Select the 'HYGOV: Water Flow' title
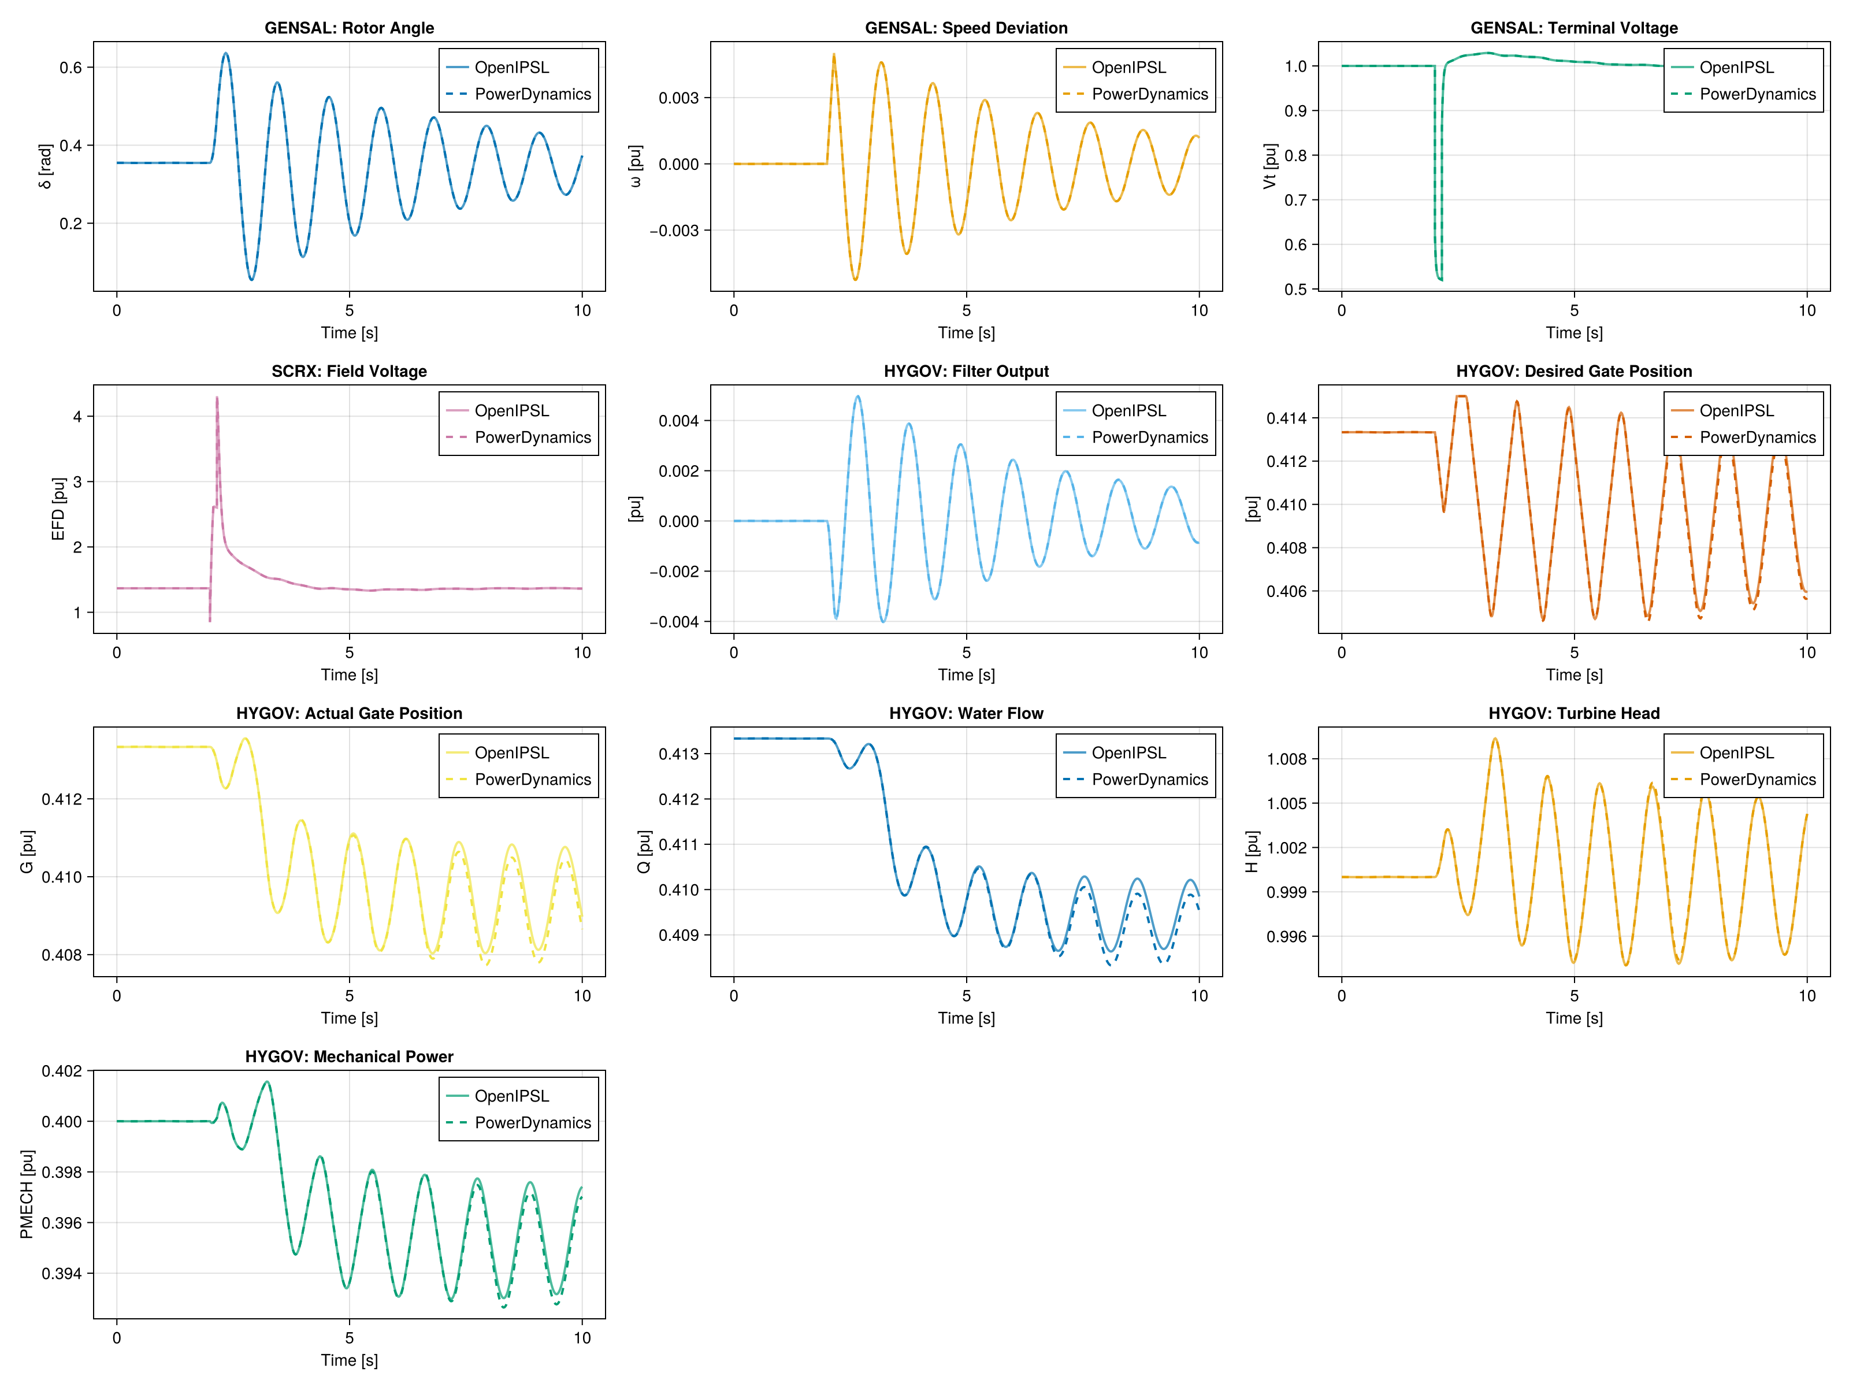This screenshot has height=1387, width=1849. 966,713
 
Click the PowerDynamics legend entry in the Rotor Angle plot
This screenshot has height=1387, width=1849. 533,94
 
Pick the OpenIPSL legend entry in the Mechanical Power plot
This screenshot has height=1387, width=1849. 511,1096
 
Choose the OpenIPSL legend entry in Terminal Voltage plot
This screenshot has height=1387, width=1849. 1736,68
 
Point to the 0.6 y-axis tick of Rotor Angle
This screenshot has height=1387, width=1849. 71,68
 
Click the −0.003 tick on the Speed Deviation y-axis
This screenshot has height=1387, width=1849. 674,231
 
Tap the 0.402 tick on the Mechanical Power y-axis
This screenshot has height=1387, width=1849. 62,1071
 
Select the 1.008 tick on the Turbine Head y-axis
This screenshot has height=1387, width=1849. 1286,759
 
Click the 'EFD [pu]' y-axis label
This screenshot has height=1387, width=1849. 58,509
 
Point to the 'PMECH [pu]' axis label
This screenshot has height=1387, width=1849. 27,1194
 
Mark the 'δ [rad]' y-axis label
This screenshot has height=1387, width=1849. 45,166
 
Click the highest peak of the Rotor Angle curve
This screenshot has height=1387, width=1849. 225,54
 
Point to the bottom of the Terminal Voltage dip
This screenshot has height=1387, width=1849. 1439,279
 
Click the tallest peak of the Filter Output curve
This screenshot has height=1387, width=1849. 857,396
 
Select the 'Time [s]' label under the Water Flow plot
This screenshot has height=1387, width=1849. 966,1018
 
